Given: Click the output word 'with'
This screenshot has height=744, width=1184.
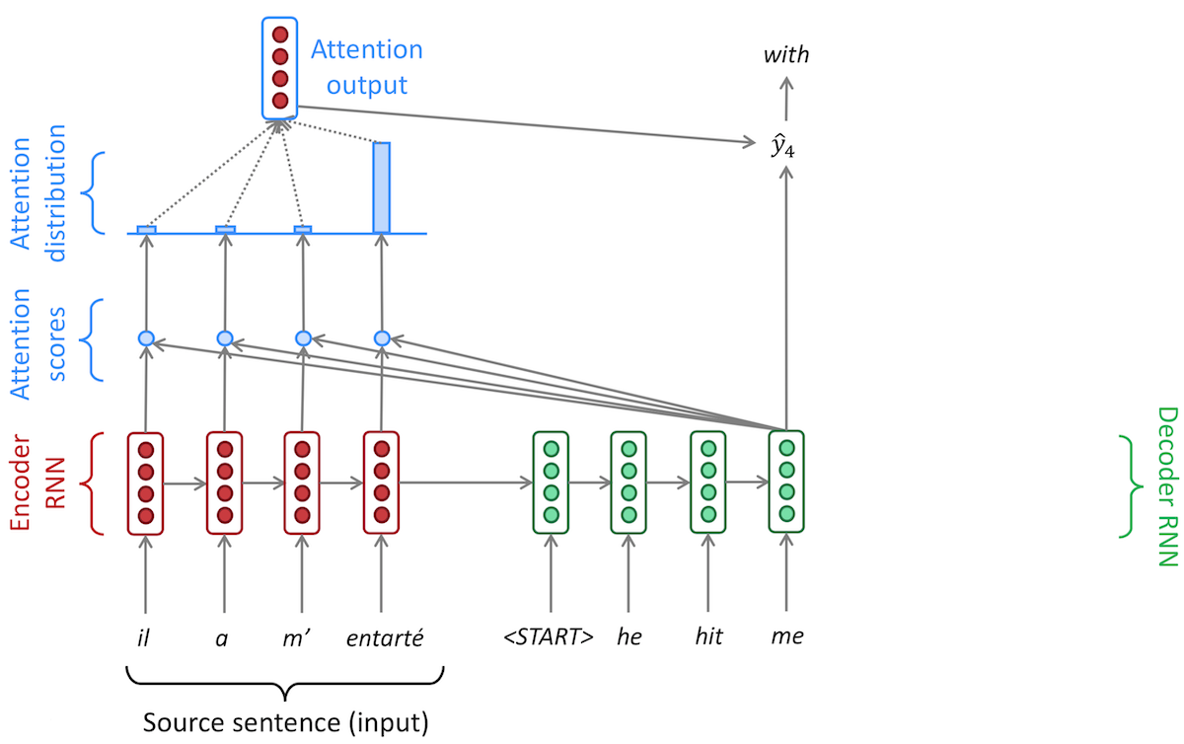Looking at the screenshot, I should tap(786, 55).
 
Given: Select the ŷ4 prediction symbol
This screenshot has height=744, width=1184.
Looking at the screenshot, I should tap(782, 147).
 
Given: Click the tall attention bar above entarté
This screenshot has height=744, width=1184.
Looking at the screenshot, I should tap(381, 187).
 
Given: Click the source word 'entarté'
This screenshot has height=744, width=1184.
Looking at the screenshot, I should tap(384, 637).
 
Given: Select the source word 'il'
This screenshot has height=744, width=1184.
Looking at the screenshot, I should tap(145, 637).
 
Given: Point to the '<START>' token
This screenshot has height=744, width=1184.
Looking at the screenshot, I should tap(549, 637).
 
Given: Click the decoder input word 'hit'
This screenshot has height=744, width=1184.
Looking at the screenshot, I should tap(707, 637).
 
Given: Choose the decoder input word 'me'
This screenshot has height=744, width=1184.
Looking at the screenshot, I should tap(786, 637).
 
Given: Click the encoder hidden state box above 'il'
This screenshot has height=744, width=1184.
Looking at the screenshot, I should tap(145, 483).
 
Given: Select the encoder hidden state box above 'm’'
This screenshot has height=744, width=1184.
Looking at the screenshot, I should tap(302, 483).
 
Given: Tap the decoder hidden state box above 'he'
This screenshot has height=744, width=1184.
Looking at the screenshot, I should tap(629, 483).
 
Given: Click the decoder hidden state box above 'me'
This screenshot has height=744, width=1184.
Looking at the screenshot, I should tap(786, 483).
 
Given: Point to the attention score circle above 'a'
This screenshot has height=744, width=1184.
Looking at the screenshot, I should tap(225, 338).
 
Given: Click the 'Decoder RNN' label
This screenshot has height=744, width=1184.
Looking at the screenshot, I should tap(1166, 486).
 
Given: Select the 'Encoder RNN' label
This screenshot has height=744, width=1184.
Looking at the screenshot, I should tap(36, 484).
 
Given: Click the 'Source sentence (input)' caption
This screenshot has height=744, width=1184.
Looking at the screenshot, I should tap(285, 722).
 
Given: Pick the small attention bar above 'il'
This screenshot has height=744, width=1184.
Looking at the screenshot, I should tap(146, 229).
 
